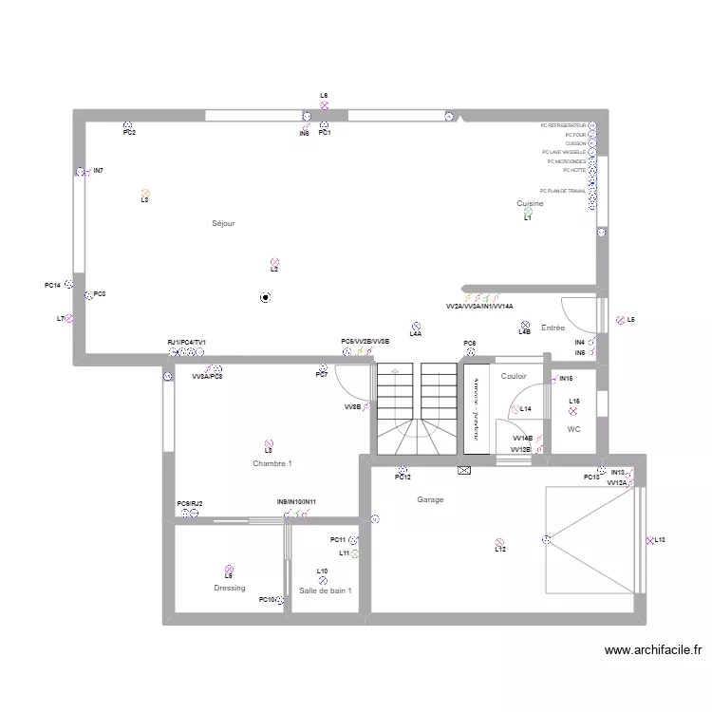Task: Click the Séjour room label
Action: coord(223,223)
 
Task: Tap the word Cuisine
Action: coord(530,203)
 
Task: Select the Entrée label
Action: coord(553,328)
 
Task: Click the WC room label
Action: coord(573,429)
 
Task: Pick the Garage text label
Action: coord(430,499)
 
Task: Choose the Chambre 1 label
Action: coord(272,463)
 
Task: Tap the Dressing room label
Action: coord(229,588)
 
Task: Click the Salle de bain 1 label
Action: coord(326,590)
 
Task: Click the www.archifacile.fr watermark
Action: coord(653,651)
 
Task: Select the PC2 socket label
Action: coord(129,134)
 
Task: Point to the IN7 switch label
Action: coord(99,171)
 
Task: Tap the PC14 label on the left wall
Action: coord(52,286)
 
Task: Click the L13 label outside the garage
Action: coord(660,540)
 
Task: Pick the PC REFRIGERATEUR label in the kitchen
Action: coord(563,125)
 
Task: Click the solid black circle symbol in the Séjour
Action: coord(265,297)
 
